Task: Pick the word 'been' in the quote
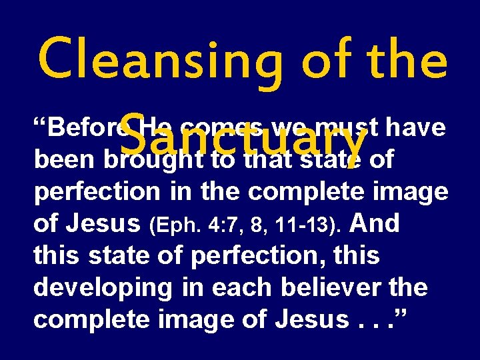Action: pyautogui.click(x=61, y=160)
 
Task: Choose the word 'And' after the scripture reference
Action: pyautogui.click(x=374, y=222)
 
